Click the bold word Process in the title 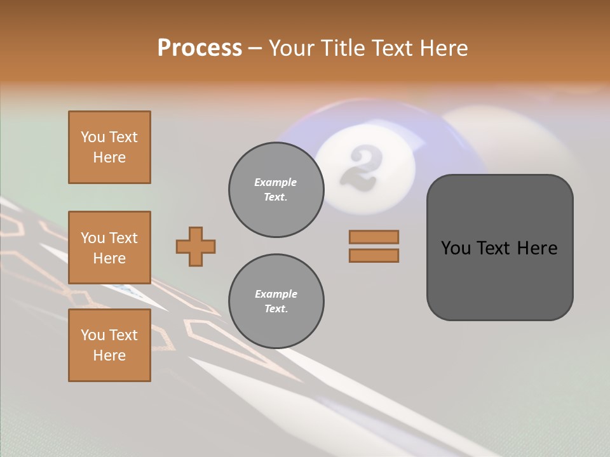200,48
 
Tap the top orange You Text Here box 109,147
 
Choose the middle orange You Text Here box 109,248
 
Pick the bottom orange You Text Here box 109,345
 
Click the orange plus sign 196,246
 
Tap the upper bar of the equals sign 374,237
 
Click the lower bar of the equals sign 374,255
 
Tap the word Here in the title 444,48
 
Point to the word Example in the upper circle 276,182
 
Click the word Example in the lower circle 276,294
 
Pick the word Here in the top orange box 109,157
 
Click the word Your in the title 292,48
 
